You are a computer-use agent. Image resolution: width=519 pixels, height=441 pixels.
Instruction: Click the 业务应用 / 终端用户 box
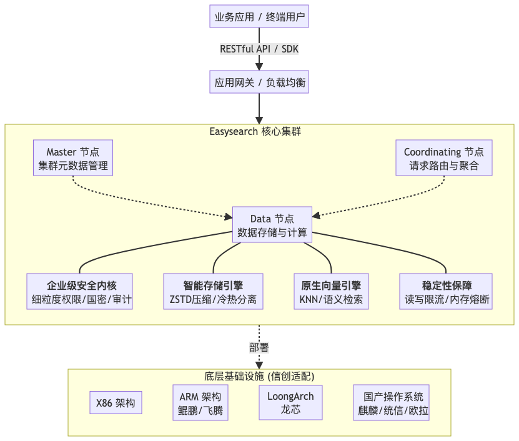(x=259, y=17)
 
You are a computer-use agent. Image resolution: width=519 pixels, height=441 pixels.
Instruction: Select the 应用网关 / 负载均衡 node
(x=259, y=82)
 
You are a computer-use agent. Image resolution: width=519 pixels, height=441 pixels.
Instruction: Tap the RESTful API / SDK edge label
(x=259, y=49)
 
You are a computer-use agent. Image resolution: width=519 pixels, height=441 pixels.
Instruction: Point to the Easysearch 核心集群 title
(x=259, y=132)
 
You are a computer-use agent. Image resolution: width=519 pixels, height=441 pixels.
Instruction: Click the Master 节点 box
(x=72, y=159)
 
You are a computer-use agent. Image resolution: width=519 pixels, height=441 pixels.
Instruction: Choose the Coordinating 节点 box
(x=443, y=159)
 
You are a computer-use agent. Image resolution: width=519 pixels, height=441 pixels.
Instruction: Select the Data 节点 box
(x=272, y=225)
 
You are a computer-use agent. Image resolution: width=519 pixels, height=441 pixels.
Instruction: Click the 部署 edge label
(x=259, y=347)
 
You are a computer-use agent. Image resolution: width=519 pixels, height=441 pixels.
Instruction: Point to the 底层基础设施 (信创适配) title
(x=259, y=377)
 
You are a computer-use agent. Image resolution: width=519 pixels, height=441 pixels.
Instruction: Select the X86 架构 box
(x=116, y=403)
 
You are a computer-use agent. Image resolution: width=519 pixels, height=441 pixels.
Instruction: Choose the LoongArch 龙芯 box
(x=290, y=404)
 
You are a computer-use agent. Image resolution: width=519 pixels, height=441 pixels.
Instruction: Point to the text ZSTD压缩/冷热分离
(x=212, y=300)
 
